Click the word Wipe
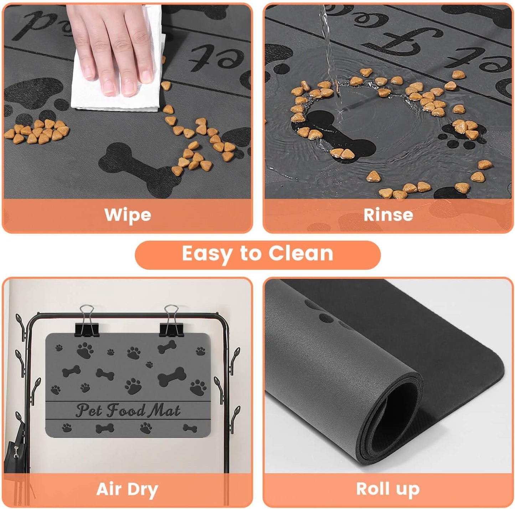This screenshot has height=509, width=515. tap(128, 215)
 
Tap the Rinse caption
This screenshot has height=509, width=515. tap(388, 215)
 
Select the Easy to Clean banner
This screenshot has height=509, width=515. tap(257, 254)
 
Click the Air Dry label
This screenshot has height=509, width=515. tap(127, 489)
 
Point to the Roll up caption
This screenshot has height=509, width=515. tap(388, 489)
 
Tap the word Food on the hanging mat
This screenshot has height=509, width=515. tap(126, 411)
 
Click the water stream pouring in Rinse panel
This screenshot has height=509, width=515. tap(330, 53)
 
